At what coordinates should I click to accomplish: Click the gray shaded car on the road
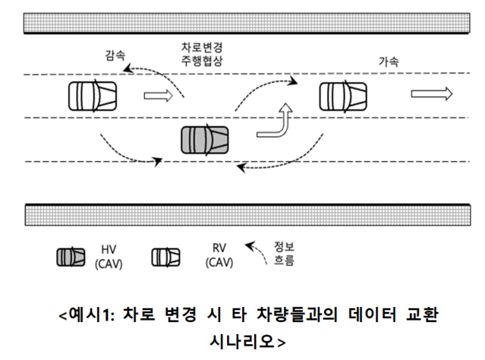pos(204,141)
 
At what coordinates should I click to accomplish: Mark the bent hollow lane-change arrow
pos(276,123)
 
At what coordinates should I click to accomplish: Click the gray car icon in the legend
pos(70,257)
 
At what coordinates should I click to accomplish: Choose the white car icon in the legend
pos(166,257)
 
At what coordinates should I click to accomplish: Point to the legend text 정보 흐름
pos(282,254)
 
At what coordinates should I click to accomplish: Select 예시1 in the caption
pos(86,314)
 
